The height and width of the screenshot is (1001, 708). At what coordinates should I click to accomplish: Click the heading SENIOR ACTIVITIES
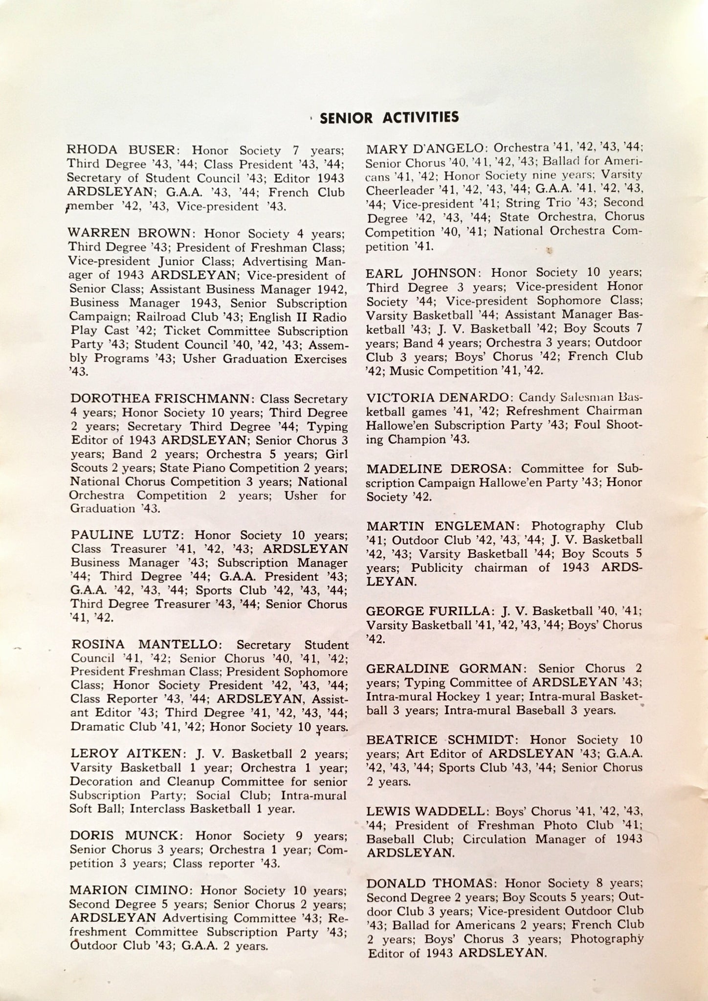(x=389, y=118)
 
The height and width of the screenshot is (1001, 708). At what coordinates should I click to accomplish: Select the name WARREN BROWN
(x=132, y=234)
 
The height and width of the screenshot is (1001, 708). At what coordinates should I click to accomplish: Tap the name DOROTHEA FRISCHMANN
(x=162, y=399)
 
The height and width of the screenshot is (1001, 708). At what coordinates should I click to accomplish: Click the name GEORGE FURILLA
(x=426, y=610)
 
